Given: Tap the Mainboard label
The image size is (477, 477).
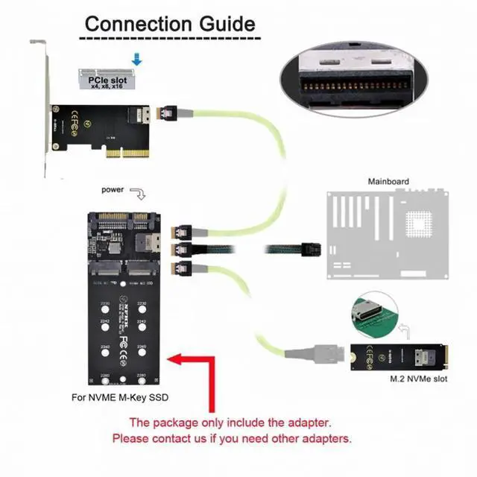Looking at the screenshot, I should click(x=388, y=181).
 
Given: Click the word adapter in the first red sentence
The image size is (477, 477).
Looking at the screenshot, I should click(x=301, y=422).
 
